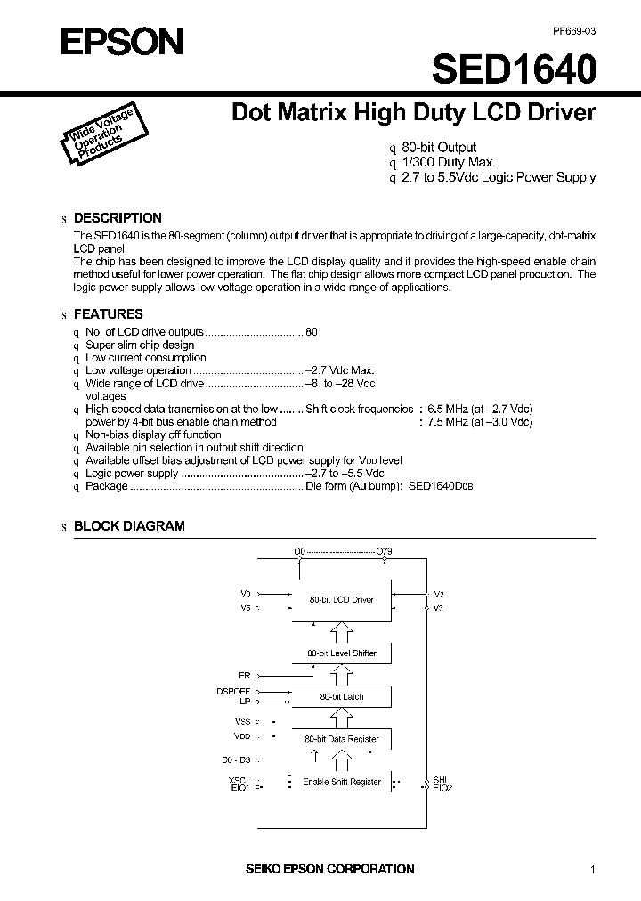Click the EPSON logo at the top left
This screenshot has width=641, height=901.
point(110,42)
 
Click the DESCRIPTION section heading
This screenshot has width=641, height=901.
point(118,218)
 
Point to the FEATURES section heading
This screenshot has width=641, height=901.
point(108,314)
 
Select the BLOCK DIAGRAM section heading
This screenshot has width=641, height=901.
point(129,526)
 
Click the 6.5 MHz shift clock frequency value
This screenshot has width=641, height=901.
point(449,409)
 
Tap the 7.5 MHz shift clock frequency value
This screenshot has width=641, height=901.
point(449,422)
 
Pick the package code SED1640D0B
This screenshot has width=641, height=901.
point(442,487)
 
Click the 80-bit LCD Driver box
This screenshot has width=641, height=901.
point(341,600)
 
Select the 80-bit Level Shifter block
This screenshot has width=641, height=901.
point(341,653)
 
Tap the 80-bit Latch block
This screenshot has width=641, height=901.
point(341,696)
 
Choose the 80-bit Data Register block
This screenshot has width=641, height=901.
point(341,739)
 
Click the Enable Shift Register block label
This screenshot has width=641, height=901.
point(341,783)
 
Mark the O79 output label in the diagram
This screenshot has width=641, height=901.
point(385,552)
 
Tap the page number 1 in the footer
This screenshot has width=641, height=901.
point(592,869)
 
